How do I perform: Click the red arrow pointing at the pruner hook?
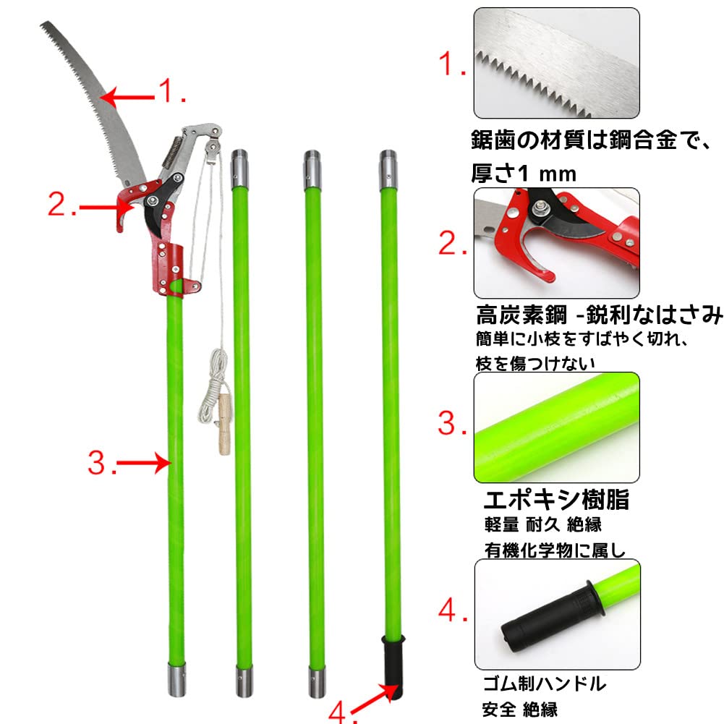98,208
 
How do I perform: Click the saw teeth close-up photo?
556,63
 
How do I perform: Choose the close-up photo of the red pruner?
556,243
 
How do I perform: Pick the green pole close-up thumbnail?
556,427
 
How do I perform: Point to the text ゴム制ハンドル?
543,683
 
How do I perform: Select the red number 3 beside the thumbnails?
452,425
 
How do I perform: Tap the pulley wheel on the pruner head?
210,149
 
